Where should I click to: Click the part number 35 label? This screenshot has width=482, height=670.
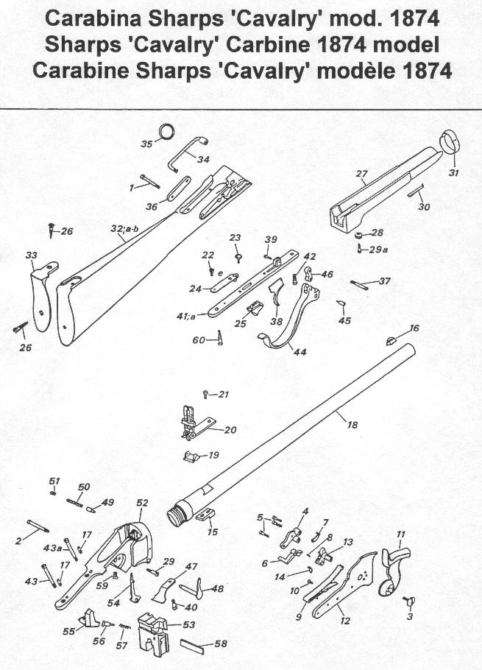(x=146, y=144)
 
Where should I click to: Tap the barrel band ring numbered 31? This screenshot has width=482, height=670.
(x=449, y=142)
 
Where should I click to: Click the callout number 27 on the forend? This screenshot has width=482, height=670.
(x=361, y=174)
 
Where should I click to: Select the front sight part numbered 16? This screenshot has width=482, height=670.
(x=392, y=339)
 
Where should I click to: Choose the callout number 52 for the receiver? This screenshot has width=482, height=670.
(x=142, y=502)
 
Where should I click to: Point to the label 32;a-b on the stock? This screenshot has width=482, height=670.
(x=124, y=229)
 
